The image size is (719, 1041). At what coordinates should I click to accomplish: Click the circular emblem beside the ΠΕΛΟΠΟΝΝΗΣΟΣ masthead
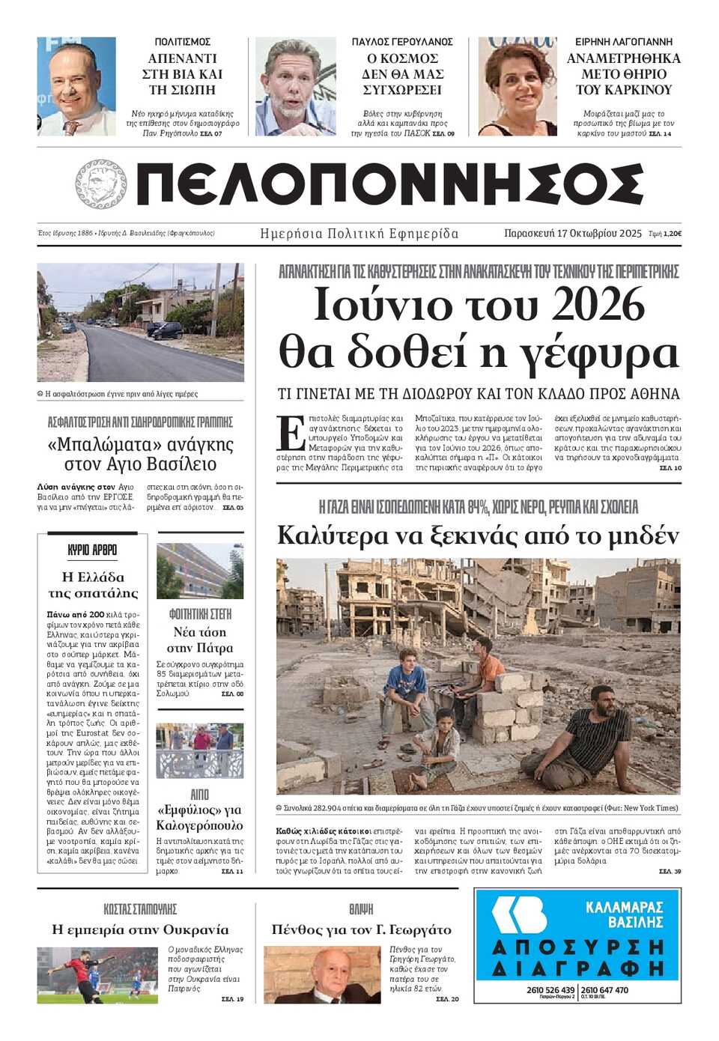click(101, 184)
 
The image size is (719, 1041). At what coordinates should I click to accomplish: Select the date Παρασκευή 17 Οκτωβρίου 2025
click(573, 234)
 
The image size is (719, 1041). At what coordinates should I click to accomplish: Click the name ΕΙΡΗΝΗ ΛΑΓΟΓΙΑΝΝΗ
click(623, 42)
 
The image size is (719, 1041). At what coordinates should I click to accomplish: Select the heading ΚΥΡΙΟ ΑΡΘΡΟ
click(92, 550)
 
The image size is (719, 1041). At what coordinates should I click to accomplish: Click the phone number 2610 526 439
click(550, 989)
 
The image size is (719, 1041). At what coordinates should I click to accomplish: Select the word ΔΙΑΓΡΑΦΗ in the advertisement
click(578, 968)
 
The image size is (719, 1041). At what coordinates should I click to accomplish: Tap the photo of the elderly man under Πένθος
click(322, 974)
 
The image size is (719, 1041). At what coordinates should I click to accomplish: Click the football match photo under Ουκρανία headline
click(97, 974)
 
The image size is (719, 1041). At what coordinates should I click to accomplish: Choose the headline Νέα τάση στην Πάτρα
click(200, 640)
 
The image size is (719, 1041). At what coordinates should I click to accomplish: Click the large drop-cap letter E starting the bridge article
click(290, 431)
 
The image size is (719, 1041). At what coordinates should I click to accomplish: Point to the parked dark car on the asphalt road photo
click(164, 330)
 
